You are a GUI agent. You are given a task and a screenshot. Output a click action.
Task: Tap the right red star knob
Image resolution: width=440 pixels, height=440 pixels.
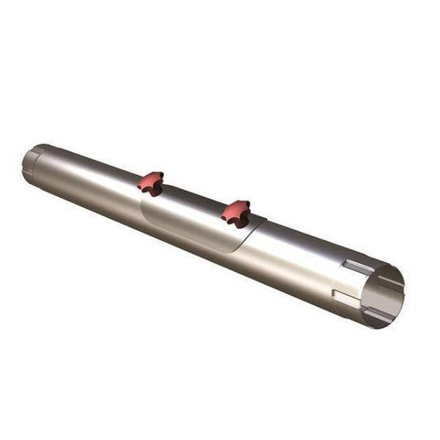tap(235, 211)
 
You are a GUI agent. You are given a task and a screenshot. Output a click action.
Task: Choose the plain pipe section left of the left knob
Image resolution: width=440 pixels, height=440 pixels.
tap(91, 177)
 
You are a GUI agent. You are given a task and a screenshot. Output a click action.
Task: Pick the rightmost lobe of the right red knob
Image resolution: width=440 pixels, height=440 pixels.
tap(247, 212)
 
